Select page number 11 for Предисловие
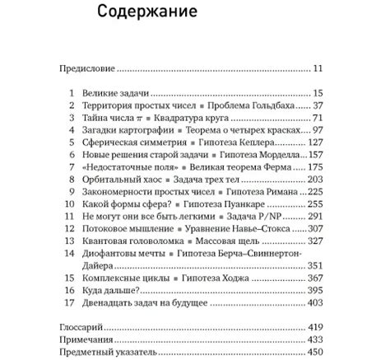318,69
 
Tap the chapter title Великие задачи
114,94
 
